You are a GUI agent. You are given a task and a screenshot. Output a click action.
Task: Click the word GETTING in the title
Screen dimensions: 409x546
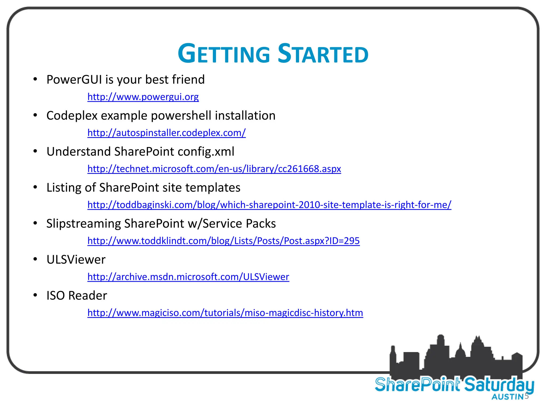(x=224, y=54)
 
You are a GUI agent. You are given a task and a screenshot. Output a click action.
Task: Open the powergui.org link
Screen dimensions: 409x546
(x=143, y=97)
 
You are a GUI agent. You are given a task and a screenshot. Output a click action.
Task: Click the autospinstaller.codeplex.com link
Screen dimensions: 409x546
(x=166, y=133)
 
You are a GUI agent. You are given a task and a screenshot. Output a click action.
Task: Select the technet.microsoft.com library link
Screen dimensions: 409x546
(x=214, y=169)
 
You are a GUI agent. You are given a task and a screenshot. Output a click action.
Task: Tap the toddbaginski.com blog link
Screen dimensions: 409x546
(x=269, y=204)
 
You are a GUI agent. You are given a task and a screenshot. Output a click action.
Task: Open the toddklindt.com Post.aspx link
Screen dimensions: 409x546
(x=223, y=240)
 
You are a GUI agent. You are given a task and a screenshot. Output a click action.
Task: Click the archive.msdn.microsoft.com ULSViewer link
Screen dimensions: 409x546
(x=188, y=277)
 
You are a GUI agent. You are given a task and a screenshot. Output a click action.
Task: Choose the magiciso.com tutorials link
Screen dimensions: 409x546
(x=225, y=313)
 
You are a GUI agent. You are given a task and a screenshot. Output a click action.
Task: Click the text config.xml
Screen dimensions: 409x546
(x=206, y=152)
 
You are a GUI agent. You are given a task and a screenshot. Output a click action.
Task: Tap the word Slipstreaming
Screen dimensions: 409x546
(x=83, y=224)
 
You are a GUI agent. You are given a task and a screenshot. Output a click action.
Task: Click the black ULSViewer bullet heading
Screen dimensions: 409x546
(x=76, y=260)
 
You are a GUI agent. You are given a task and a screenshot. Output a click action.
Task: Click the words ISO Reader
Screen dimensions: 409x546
(x=77, y=296)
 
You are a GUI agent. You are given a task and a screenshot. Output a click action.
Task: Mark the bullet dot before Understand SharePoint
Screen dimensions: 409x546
(x=35, y=151)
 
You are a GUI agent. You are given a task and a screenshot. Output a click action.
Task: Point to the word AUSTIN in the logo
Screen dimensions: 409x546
(x=507, y=397)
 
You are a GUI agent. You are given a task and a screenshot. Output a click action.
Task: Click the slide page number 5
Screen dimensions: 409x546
(x=527, y=396)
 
